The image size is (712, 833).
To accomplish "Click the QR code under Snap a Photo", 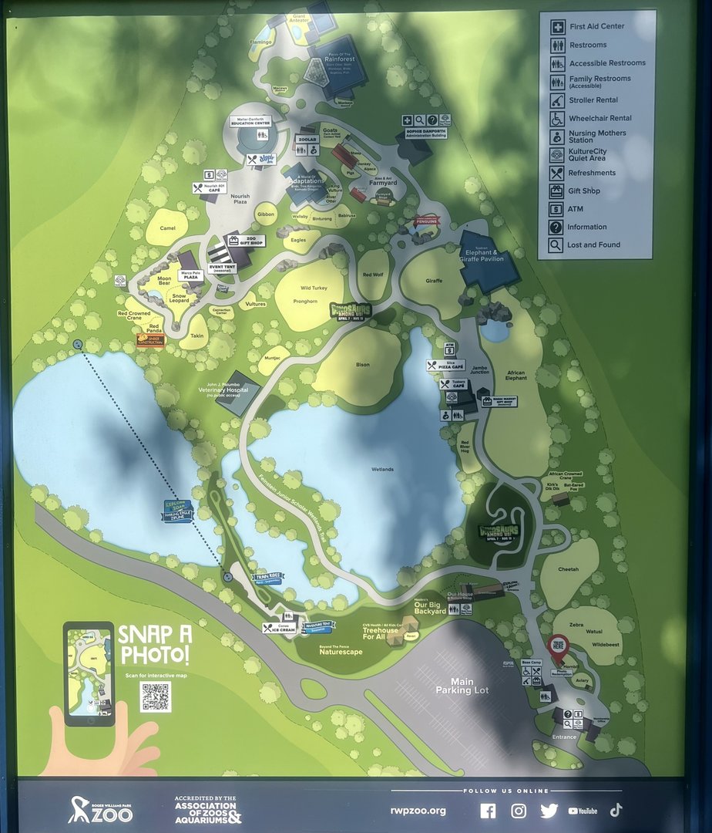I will pos(156,696).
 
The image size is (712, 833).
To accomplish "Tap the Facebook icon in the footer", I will pos(488,811).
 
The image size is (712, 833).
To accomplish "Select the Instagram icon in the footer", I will pos(519,811).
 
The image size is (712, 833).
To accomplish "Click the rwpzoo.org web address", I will pos(418,811).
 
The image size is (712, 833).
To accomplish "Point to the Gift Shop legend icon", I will pos(556,191).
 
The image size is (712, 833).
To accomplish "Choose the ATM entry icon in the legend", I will pos(556,209).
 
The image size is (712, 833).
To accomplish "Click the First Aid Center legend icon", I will pos(556,26).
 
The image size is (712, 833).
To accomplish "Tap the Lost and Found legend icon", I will pos(556,245).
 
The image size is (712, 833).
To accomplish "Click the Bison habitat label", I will pos(362,364).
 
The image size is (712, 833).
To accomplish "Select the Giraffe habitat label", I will pos(434,282).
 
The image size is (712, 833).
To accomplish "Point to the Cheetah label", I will pos(569,569).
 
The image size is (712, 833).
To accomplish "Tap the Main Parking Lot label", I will pos(462,686).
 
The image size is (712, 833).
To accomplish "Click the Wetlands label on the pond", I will pos(382,469).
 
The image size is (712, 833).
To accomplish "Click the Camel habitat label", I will pos(168,229).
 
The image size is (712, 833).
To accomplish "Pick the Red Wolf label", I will pos(373,275).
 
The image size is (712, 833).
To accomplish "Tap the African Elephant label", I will pos(516,374).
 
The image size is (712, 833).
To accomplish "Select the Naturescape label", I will pos(341,651).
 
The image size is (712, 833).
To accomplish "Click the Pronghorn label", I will pos(306,302).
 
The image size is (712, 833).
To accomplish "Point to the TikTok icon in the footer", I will pos(616,810).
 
